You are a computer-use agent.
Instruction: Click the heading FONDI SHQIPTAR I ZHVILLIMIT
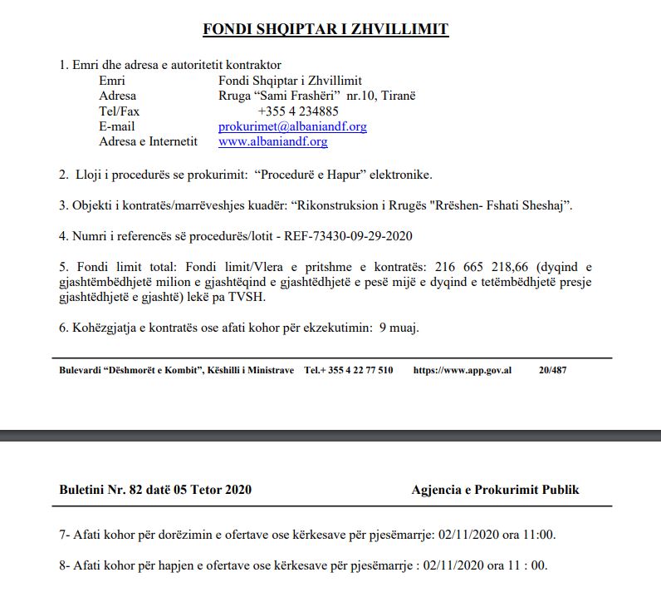click(326, 30)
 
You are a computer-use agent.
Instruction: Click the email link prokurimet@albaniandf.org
click(292, 126)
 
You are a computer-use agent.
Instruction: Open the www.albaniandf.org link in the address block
click(272, 141)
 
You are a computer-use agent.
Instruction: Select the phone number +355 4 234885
click(298, 111)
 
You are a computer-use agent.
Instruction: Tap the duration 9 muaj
click(399, 327)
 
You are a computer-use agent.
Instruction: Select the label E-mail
click(117, 126)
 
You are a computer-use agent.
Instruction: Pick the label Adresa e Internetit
click(148, 141)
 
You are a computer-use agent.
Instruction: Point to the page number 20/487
click(553, 369)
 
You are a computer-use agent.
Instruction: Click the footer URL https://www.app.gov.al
click(462, 369)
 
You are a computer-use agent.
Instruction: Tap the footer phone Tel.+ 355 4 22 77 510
click(349, 369)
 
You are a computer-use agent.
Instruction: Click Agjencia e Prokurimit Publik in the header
click(495, 490)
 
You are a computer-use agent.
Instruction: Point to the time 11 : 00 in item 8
click(528, 565)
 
